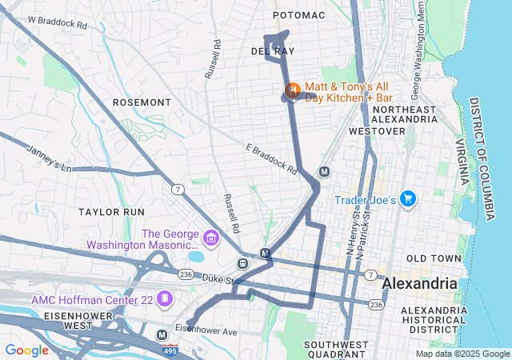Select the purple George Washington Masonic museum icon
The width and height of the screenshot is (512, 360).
pos(211,238)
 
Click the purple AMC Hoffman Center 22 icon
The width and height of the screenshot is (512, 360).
pos(164,298)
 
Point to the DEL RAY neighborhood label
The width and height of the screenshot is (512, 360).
pos(268,50)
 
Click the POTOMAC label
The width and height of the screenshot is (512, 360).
pos(298,15)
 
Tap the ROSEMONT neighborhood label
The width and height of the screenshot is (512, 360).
pos(142,102)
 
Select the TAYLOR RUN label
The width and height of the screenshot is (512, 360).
pos(111,212)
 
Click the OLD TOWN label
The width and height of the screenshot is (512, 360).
pos(434,258)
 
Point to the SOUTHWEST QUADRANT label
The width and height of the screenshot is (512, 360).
pos(336,349)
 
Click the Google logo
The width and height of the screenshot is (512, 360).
pos(26,350)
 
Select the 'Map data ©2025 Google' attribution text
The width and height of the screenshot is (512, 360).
pos(462,354)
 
